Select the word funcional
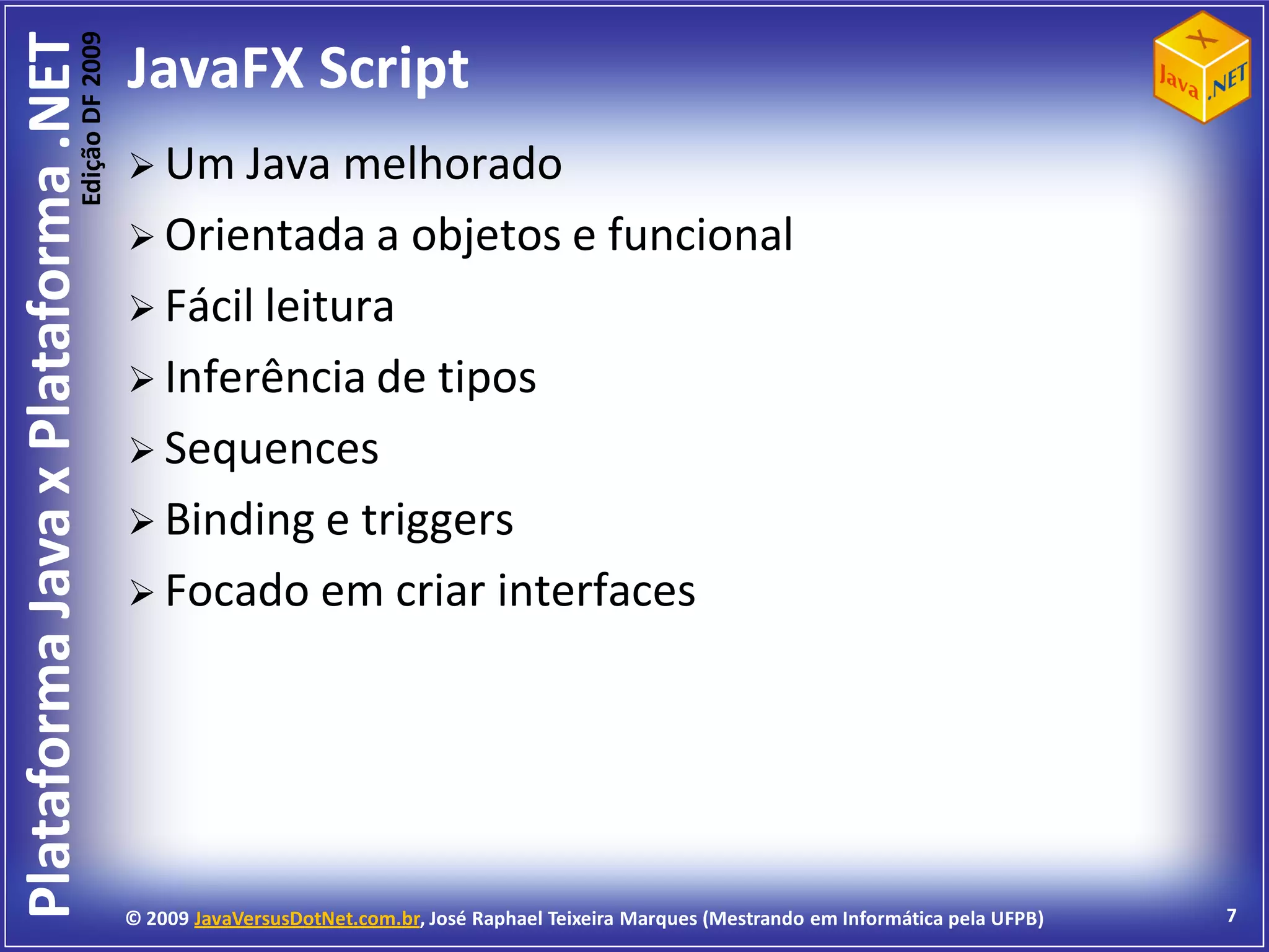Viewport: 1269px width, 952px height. pos(700,235)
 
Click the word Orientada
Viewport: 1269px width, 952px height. pos(265,236)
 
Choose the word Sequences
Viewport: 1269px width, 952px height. pos(271,449)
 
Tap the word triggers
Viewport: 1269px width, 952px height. pos(437,521)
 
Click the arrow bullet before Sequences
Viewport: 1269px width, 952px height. pos(141,451)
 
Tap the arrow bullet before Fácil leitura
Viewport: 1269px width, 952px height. pos(141,308)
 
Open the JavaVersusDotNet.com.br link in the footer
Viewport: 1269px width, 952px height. pos(307,919)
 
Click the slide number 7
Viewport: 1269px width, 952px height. pos(1231,915)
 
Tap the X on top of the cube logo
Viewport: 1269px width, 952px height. pos(1202,39)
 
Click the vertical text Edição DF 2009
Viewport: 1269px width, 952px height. pos(91,118)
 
